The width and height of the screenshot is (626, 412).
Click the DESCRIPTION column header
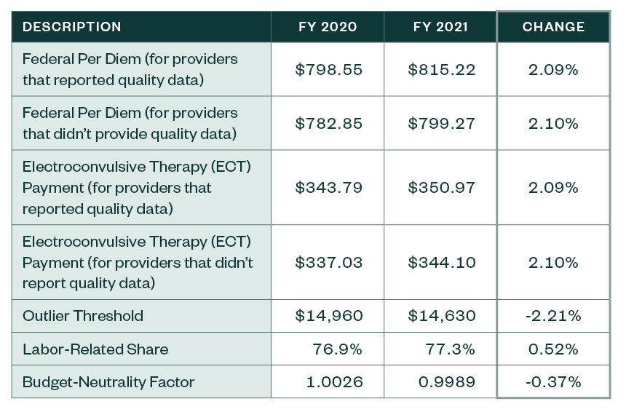(72, 27)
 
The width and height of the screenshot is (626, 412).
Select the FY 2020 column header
(328, 27)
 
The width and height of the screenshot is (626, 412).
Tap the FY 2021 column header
(440, 27)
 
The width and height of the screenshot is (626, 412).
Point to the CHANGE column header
(553, 27)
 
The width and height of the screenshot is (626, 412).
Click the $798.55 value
(328, 70)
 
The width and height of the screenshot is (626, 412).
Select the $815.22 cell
(441, 70)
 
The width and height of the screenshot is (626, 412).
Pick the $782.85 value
(328, 124)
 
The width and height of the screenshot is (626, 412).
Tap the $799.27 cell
(441, 124)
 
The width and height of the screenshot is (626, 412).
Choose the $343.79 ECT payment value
(328, 188)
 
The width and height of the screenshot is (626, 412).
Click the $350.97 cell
(441, 188)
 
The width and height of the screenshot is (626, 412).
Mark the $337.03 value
(328, 262)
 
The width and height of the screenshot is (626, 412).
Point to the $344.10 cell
(441, 262)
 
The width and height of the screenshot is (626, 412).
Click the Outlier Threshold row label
(83, 316)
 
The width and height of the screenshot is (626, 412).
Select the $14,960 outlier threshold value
(328, 316)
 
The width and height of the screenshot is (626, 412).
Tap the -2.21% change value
(553, 316)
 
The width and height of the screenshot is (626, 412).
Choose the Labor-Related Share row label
(95, 349)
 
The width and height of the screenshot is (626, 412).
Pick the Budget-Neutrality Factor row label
(108, 382)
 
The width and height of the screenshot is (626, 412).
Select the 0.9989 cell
(445, 382)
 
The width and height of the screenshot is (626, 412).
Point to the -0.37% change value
(553, 382)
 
